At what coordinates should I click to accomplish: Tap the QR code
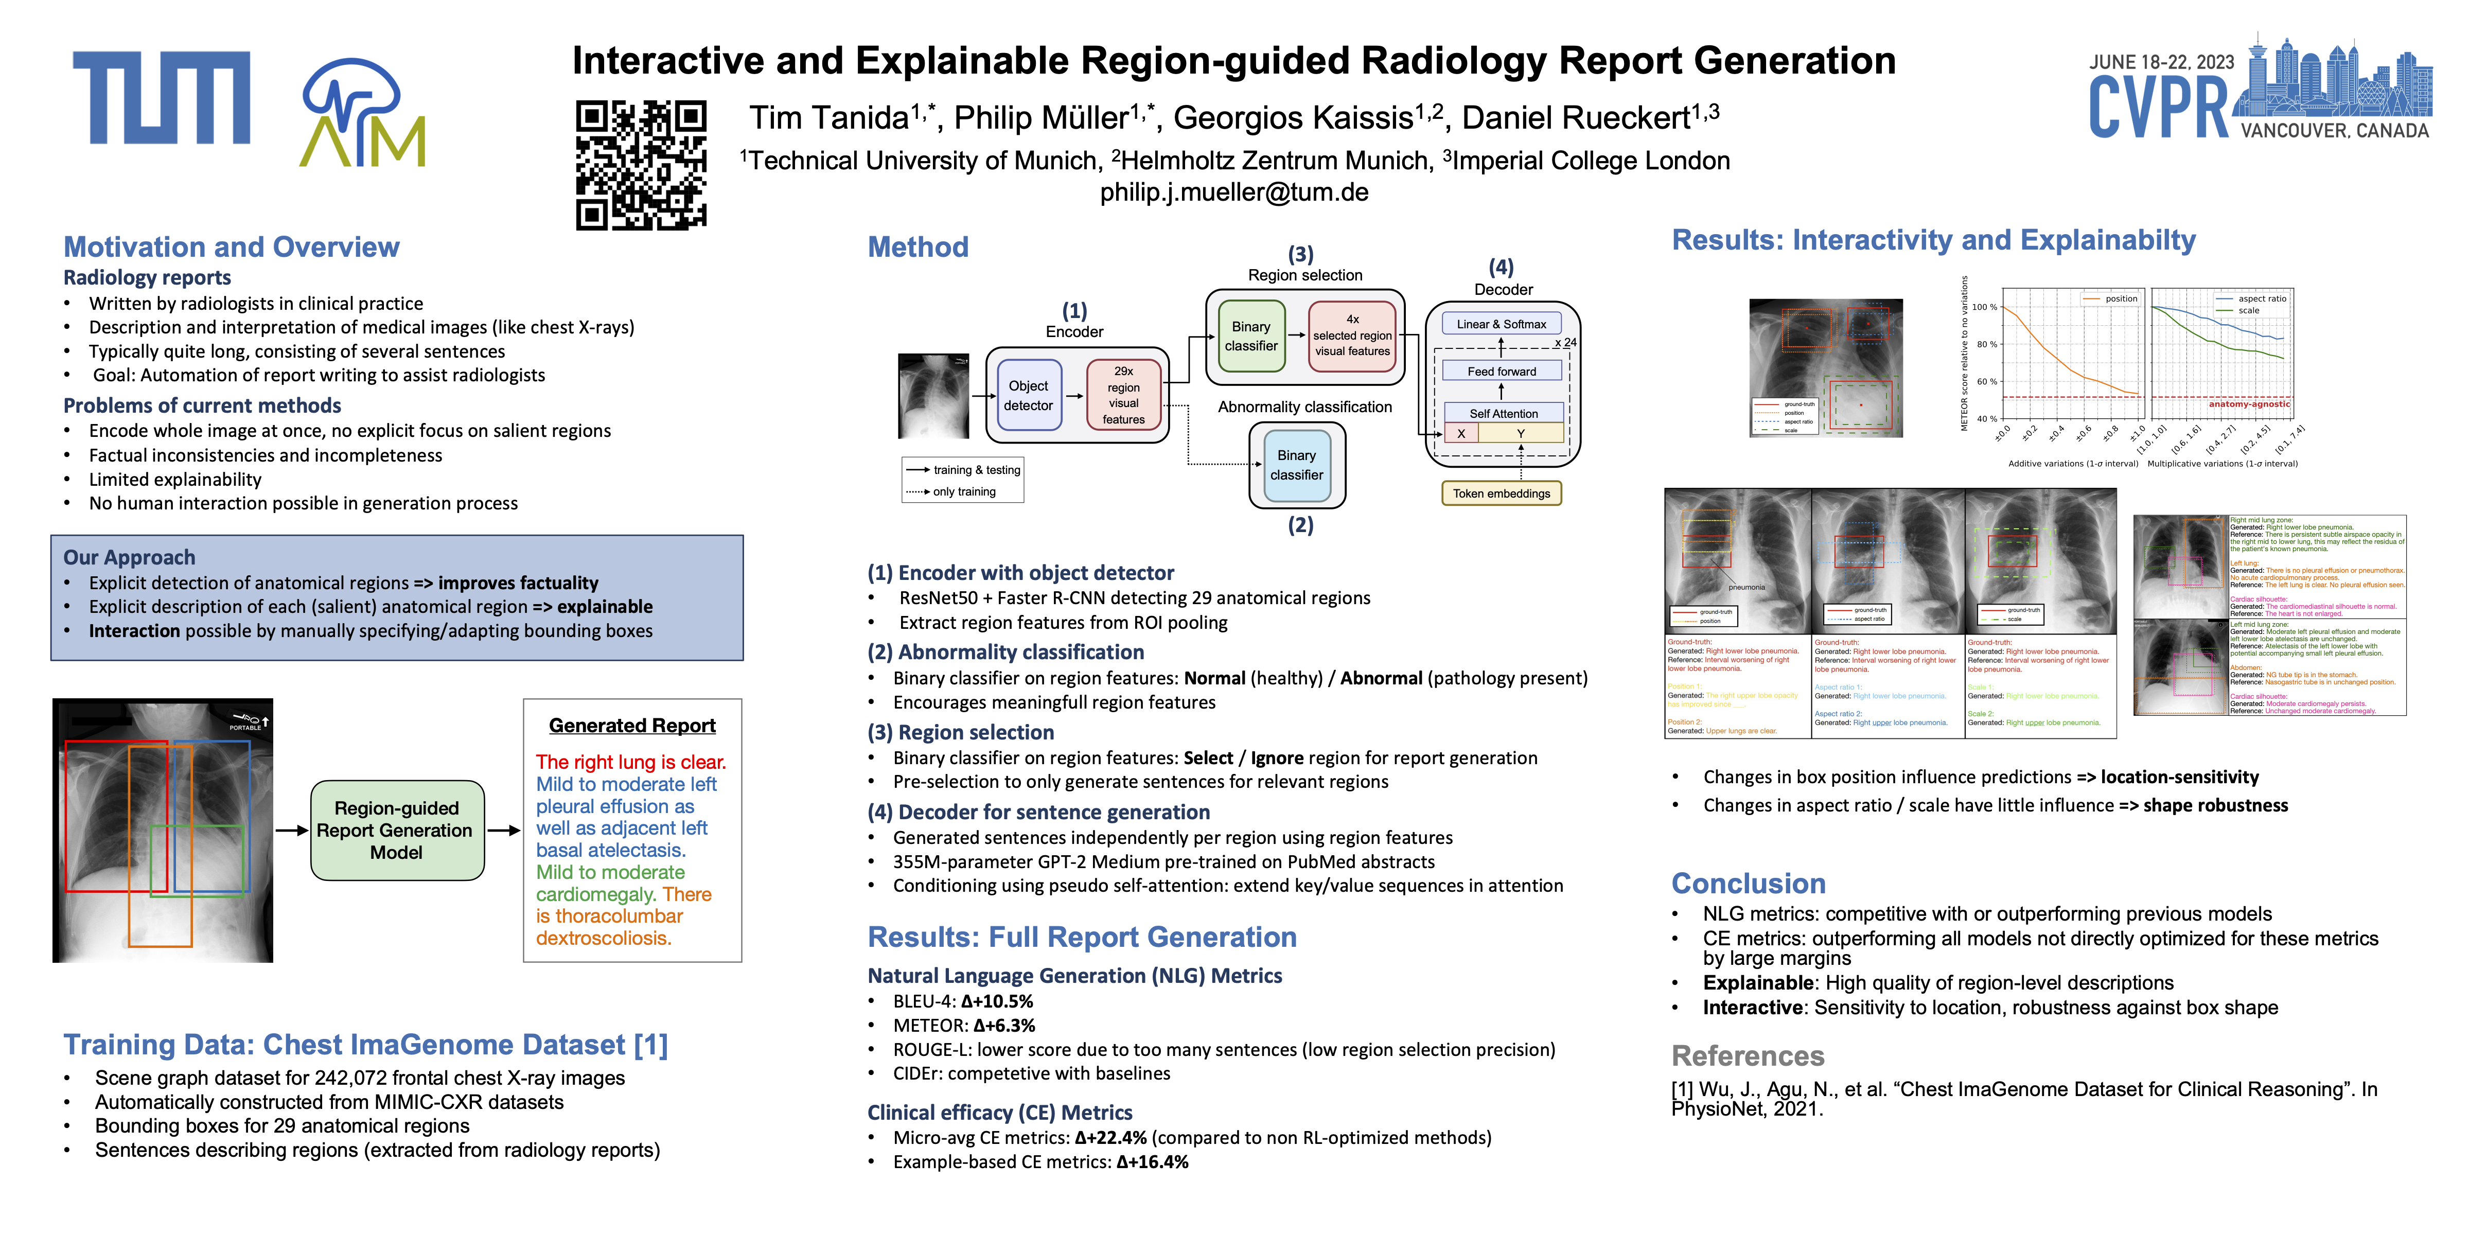[641, 165]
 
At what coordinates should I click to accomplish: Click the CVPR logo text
[2159, 108]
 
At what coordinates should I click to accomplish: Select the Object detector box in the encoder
[1028, 395]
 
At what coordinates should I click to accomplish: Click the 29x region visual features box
[1123, 395]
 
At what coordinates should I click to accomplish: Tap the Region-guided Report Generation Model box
[396, 831]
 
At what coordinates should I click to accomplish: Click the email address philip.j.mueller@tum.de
[1234, 193]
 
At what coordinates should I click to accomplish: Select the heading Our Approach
[130, 558]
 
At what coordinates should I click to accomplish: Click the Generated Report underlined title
[632, 726]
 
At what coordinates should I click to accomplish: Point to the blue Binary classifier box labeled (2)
[1296, 465]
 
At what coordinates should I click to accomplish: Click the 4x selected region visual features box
[1352, 336]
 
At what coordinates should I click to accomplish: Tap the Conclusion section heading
[1748, 883]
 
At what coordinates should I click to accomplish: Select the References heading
[1747, 1056]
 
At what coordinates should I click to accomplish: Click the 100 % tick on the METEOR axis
[1985, 308]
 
